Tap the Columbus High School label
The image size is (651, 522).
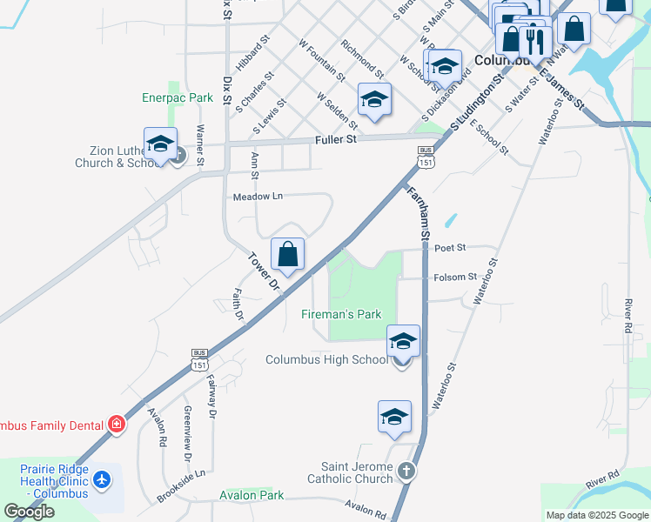[326, 359]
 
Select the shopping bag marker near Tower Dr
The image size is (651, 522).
[287, 255]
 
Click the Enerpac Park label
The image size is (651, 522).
[178, 98]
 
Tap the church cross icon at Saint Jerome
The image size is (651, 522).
[405, 472]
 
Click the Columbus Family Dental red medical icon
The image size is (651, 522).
[116, 425]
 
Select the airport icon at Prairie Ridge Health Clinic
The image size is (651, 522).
[103, 479]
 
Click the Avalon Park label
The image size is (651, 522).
[252, 495]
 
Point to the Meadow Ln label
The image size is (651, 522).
[258, 197]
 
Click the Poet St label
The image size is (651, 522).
[450, 248]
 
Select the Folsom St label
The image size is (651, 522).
[455, 277]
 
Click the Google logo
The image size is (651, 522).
[28, 512]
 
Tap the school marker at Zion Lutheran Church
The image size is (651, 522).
[160, 144]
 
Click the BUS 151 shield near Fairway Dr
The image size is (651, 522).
[199, 359]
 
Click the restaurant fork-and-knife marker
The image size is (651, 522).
[535, 39]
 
